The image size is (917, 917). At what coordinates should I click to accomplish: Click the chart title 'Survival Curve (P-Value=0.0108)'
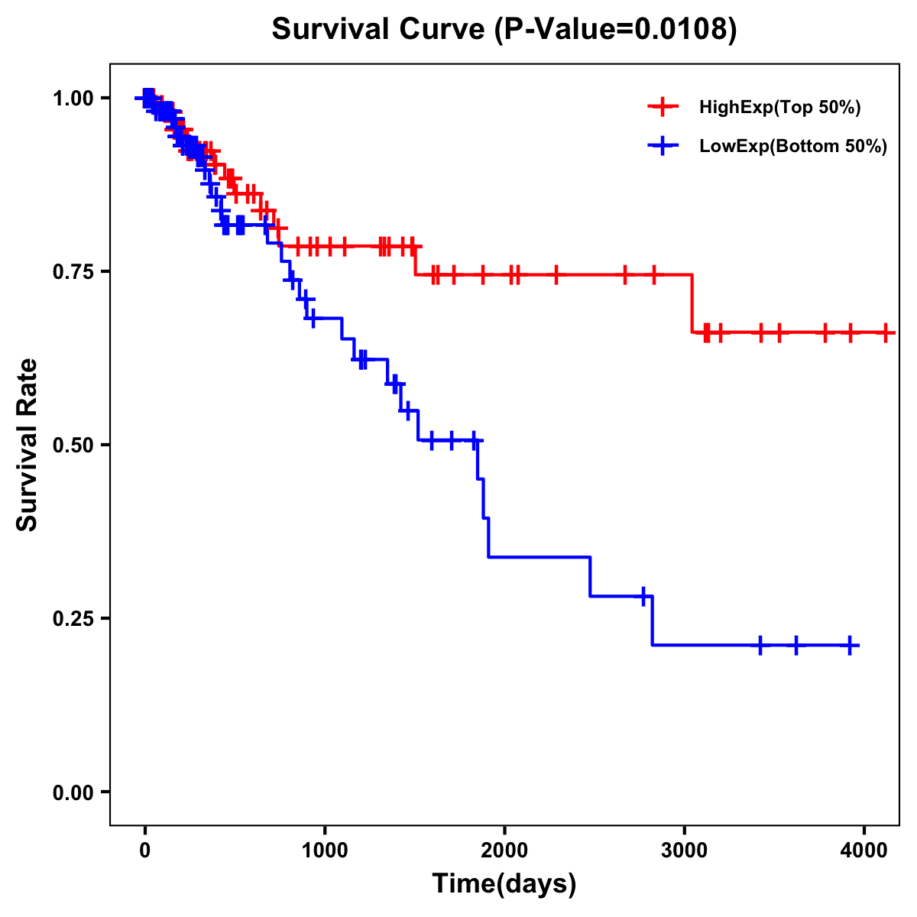(x=504, y=30)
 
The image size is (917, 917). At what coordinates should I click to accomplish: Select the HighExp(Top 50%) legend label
(x=780, y=108)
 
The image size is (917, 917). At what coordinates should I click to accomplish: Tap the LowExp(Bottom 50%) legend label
(x=793, y=146)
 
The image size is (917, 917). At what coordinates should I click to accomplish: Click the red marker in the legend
(x=663, y=108)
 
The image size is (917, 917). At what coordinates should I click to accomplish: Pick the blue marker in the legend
(x=663, y=146)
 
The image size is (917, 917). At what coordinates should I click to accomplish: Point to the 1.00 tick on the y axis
(x=76, y=99)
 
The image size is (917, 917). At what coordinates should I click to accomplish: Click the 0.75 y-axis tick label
(x=76, y=272)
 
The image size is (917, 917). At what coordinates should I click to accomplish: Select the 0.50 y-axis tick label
(x=76, y=446)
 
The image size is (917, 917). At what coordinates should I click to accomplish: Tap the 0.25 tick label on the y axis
(x=76, y=619)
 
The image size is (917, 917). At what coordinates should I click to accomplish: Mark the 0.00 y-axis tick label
(x=76, y=792)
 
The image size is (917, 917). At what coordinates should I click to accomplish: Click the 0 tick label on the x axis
(x=145, y=851)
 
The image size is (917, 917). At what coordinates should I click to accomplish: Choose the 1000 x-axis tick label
(x=325, y=851)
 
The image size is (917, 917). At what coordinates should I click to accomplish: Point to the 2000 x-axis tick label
(x=504, y=851)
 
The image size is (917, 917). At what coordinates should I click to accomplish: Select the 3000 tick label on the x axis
(x=685, y=851)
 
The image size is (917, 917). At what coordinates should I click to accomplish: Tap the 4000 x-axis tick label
(x=864, y=851)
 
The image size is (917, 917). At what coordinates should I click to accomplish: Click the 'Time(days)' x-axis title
(x=504, y=884)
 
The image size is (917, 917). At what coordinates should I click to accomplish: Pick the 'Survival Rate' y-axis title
(x=28, y=445)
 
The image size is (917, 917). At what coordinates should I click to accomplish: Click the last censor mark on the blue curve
(x=850, y=646)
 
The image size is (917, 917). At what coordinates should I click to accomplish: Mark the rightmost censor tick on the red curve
(x=886, y=332)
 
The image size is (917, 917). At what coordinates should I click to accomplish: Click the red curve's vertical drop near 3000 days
(x=692, y=303)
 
